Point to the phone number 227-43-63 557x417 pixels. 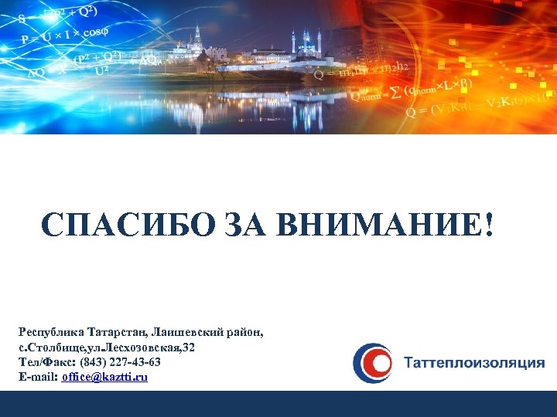(x=135, y=362)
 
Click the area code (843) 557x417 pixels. (x=93, y=362)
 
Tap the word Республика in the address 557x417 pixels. (x=48, y=333)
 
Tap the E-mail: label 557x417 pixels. (x=38, y=377)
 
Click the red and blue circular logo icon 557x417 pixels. (x=372, y=363)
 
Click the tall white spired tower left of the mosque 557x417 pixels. (x=198, y=36)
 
